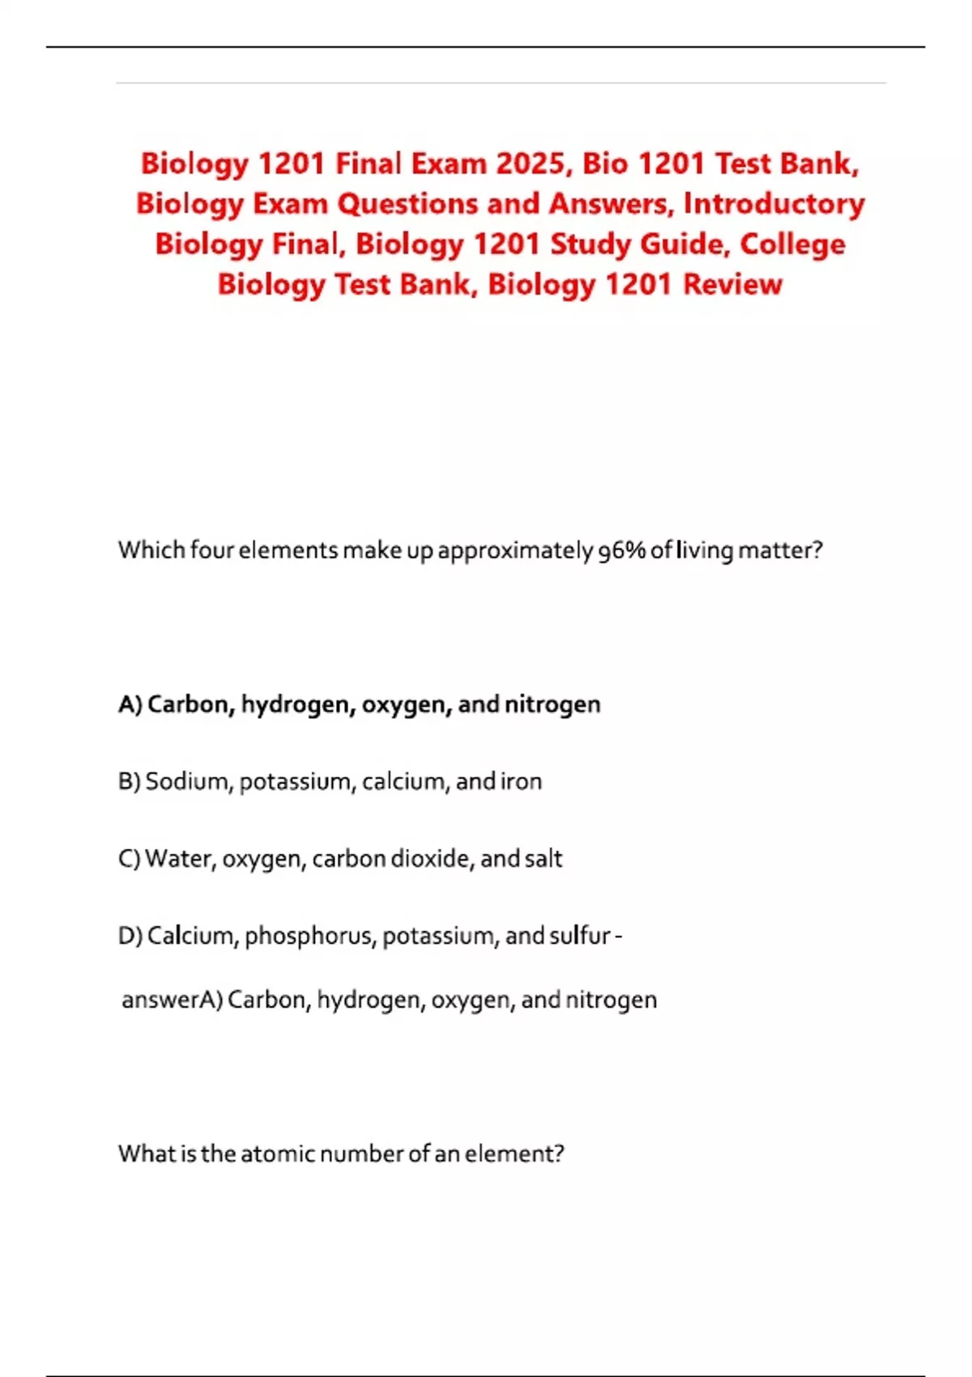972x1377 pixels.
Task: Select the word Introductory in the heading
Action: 774,204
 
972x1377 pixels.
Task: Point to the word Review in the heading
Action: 732,285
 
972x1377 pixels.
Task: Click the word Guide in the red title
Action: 682,245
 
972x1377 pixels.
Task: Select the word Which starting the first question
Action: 151,551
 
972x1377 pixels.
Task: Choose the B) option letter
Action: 130,782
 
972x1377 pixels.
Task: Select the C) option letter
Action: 130,859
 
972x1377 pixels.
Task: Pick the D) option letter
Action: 130,936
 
